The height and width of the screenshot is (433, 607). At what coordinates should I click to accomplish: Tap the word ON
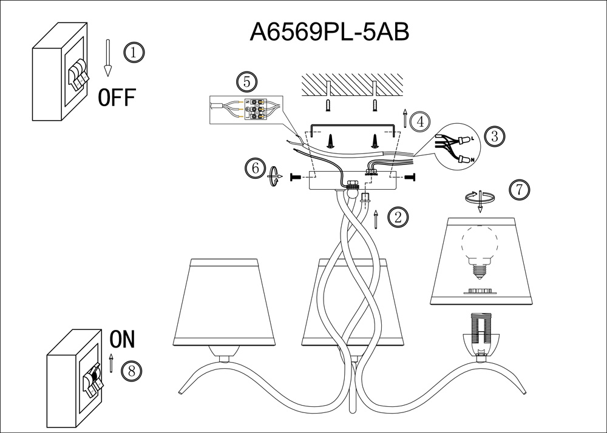[x=122, y=339]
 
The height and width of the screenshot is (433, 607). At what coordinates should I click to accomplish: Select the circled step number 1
[x=134, y=52]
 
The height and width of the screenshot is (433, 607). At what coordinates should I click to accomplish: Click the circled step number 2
[x=398, y=217]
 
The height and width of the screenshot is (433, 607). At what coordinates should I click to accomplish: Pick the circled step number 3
[x=495, y=136]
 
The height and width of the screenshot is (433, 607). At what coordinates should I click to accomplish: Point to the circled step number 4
[x=419, y=121]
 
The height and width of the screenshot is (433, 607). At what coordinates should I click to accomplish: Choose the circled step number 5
[x=246, y=82]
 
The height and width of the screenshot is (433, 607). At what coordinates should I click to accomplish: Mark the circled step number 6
[x=255, y=168]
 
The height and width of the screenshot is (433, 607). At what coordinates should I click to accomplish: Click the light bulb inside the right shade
[x=481, y=249]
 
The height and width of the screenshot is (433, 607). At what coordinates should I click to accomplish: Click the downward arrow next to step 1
[x=108, y=58]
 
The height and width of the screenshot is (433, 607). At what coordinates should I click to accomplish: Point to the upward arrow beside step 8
[x=111, y=363]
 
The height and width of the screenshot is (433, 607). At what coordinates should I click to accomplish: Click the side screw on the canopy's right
[x=410, y=176]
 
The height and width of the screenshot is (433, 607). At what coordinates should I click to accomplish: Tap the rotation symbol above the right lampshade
[x=480, y=198]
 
